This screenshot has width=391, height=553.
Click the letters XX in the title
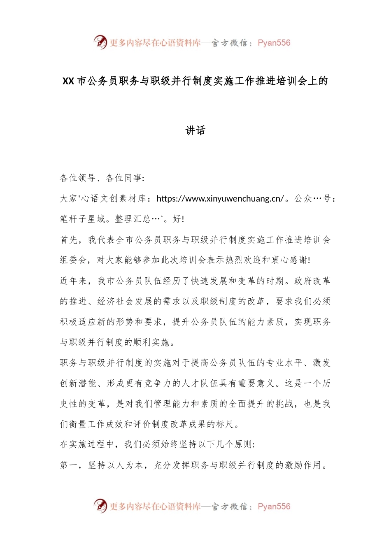click(x=68, y=81)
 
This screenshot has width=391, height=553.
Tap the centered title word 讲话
click(x=195, y=130)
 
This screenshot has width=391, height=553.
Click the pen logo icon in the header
click(x=100, y=42)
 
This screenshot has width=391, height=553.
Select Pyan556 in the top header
click(x=274, y=43)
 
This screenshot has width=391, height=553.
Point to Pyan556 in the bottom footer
click(x=274, y=507)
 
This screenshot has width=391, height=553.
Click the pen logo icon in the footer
click(x=100, y=506)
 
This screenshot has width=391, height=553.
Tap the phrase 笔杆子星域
click(x=82, y=219)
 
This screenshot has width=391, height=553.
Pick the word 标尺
click(x=226, y=424)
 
